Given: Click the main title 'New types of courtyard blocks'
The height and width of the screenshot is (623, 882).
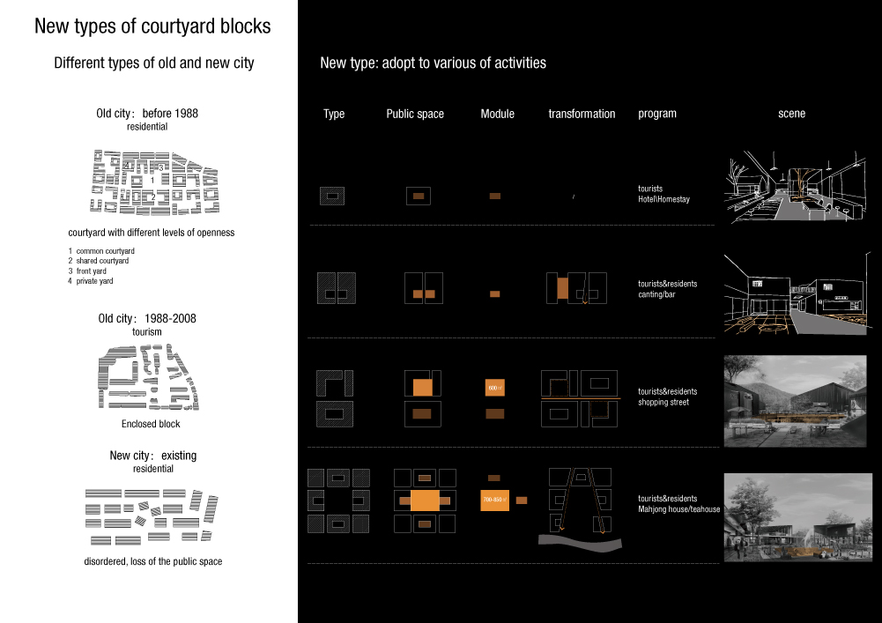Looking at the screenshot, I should point(152,26).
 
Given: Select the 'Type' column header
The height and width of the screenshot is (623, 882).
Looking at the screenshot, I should point(334,114).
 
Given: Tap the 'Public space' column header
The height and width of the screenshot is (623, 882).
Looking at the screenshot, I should point(415,114).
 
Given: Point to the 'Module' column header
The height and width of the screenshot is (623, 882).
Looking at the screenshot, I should point(497,114).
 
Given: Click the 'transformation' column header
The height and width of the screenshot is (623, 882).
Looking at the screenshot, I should point(582,114).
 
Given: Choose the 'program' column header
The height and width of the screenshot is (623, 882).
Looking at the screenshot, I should point(657,114).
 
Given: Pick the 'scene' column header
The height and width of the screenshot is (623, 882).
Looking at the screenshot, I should point(791,114).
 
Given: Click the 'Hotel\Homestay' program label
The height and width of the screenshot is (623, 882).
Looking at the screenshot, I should point(663,200).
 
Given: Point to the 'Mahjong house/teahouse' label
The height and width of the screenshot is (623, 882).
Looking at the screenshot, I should point(679,509).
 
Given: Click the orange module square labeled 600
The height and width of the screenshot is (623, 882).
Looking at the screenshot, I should point(494,388).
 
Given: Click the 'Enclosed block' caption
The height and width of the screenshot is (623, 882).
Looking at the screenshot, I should point(151,424).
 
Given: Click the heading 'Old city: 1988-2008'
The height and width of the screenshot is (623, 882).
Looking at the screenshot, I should point(147,318).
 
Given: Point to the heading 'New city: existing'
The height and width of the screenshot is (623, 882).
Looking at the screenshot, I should point(153,456).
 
